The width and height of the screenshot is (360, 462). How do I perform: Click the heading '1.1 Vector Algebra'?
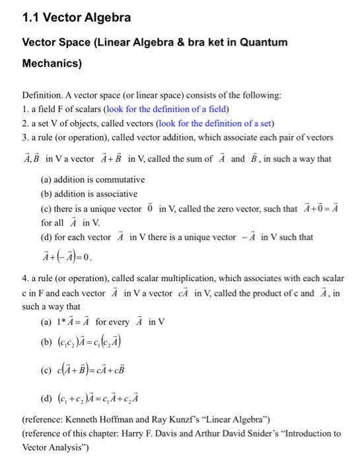tap(67, 17)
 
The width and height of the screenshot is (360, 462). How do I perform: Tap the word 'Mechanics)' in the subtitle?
tap(52, 64)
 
